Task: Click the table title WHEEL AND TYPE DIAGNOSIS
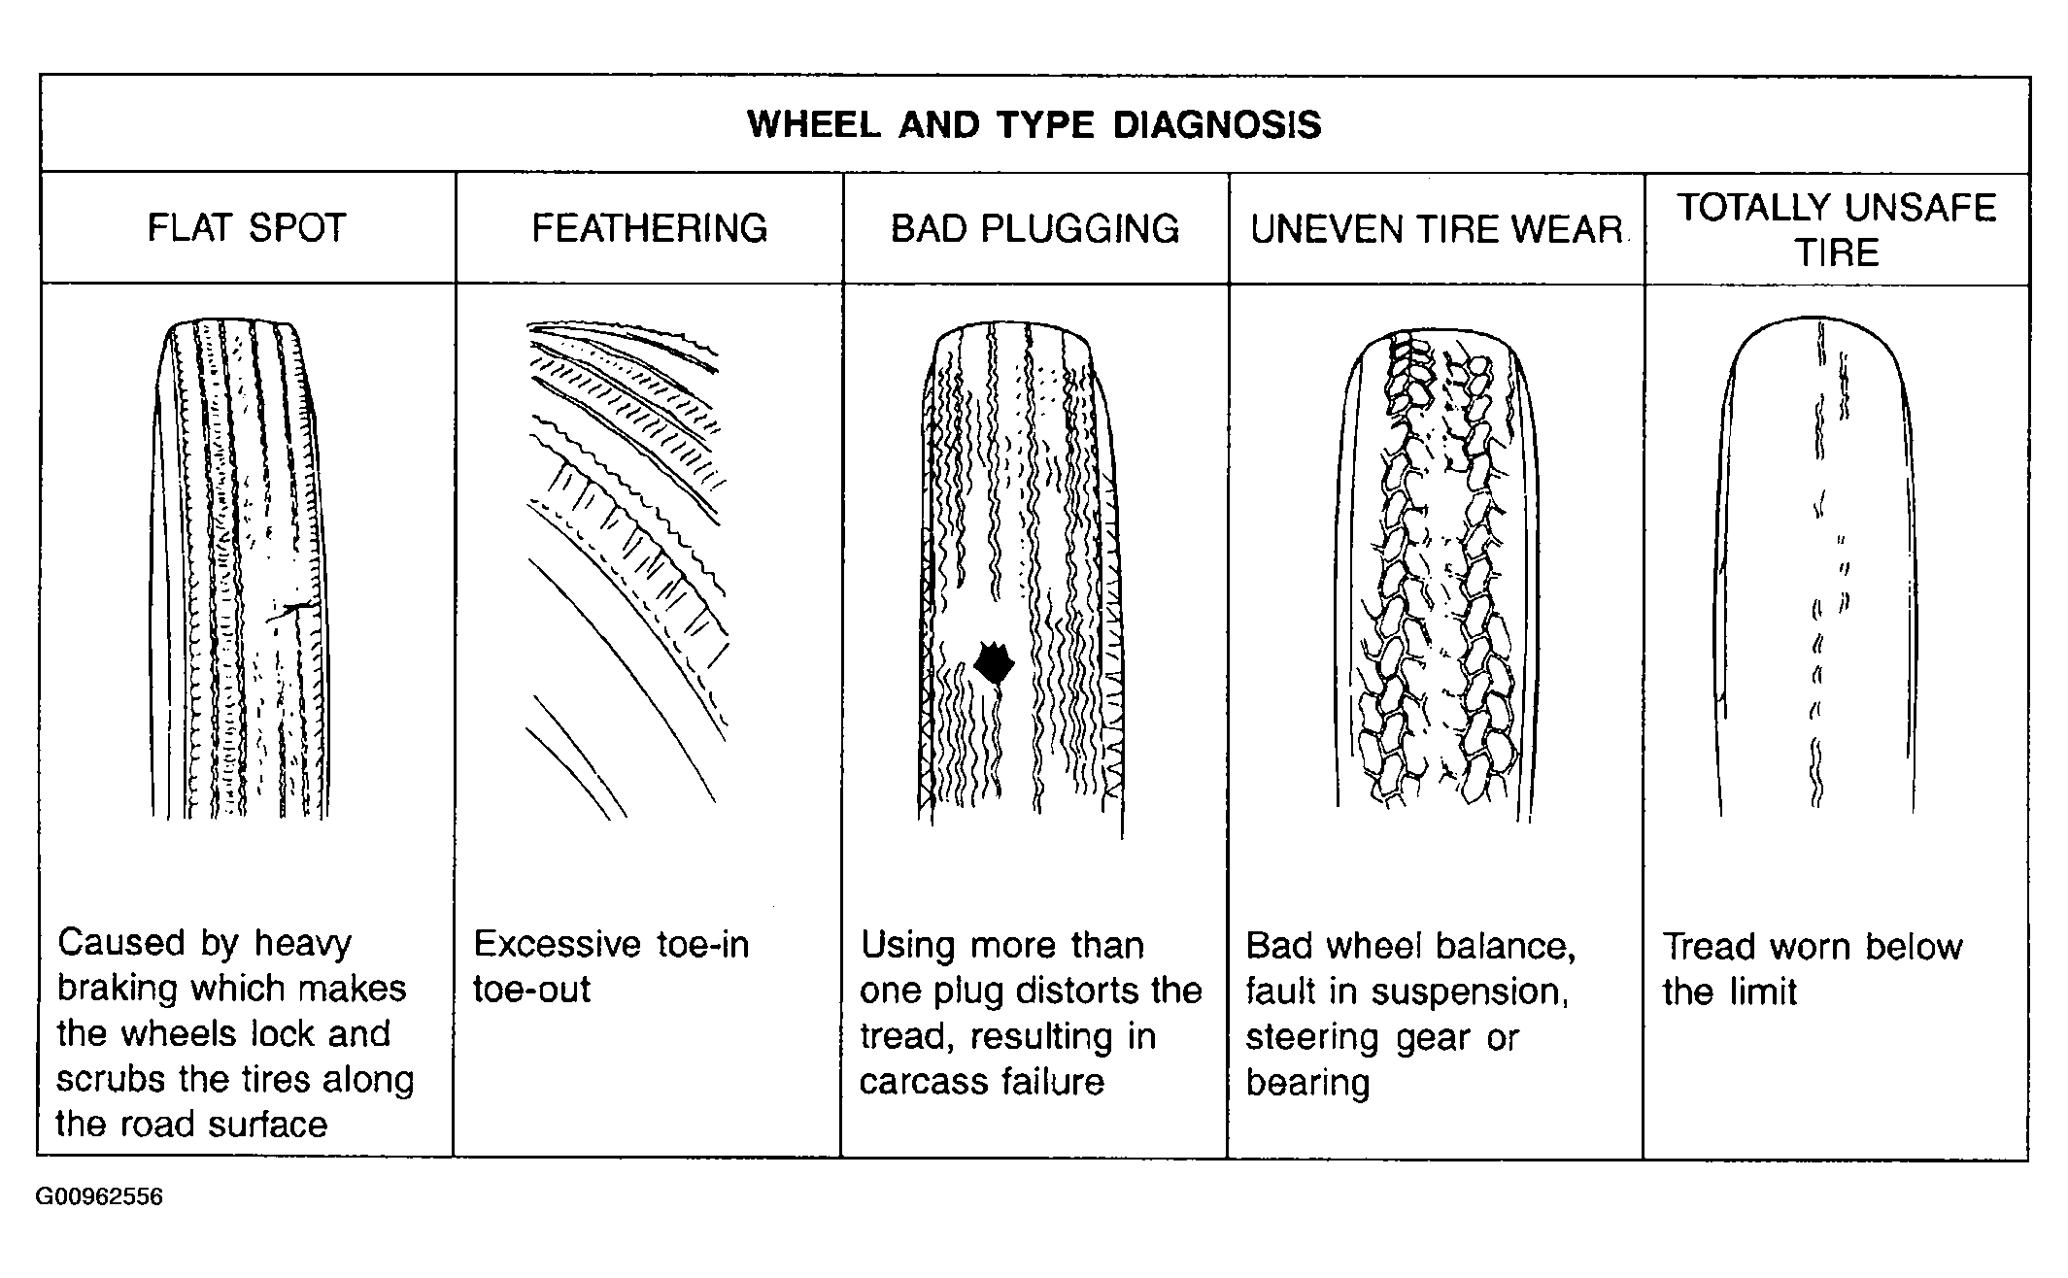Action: (x=1034, y=125)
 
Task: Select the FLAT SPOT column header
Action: (x=247, y=228)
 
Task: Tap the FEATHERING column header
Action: (x=650, y=228)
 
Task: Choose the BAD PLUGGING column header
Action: (x=1035, y=229)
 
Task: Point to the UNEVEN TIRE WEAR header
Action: (x=1437, y=229)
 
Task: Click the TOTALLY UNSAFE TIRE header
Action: (x=1837, y=230)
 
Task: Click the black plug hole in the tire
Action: (x=994, y=663)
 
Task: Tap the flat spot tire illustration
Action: (x=240, y=569)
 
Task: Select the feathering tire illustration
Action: (x=626, y=569)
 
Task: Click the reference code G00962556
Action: (x=99, y=1196)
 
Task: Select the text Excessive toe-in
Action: (x=611, y=944)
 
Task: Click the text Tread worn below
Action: (x=1813, y=947)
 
